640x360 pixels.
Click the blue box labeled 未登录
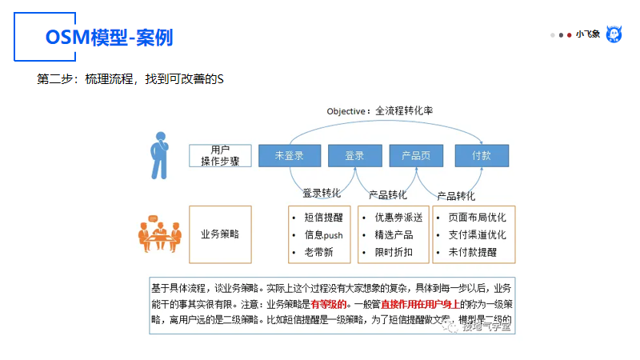288,155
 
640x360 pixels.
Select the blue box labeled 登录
354,155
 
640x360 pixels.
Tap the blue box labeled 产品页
415,155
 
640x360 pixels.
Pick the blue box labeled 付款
482,155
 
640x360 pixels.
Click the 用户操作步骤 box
220,155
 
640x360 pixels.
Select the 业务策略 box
220,234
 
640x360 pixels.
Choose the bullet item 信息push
323,235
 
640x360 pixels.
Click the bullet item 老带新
318,253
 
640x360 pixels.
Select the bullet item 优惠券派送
393,218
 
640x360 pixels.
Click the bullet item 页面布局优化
477,218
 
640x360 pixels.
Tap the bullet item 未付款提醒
472,253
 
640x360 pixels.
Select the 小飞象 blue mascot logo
614,34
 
